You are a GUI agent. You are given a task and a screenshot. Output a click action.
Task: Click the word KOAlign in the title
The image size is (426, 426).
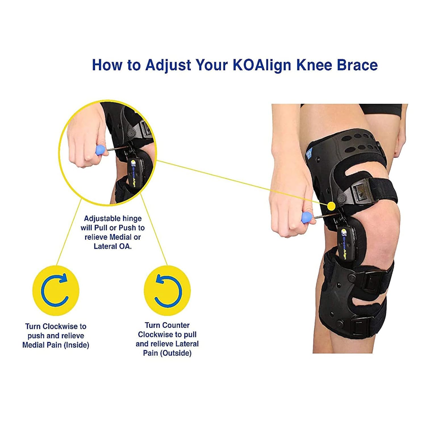pyautogui.click(x=262, y=65)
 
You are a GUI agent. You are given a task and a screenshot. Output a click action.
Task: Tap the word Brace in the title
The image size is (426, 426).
pyautogui.click(x=357, y=65)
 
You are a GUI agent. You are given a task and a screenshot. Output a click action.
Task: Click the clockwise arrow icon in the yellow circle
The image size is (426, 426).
pyautogui.click(x=55, y=290)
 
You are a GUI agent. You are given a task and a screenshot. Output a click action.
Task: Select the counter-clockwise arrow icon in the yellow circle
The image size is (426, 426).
pyautogui.click(x=168, y=290)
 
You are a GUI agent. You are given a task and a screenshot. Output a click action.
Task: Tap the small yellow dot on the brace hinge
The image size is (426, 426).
pyautogui.click(x=331, y=206)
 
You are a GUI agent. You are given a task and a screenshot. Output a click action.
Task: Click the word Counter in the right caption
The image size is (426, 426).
pyautogui.click(x=175, y=325)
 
